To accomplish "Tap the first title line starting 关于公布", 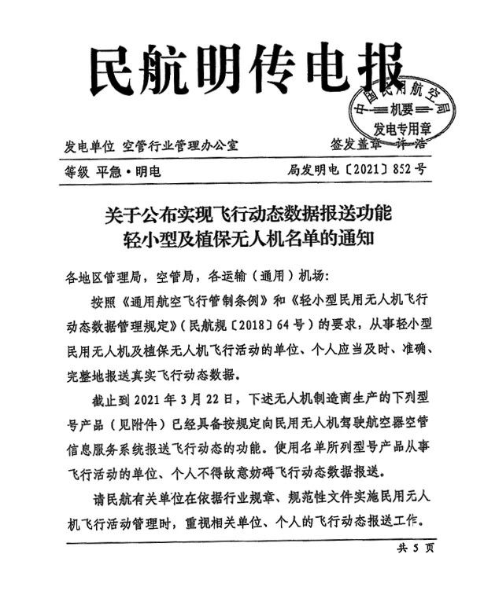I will [243, 213].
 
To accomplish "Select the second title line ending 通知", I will [243, 240].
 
